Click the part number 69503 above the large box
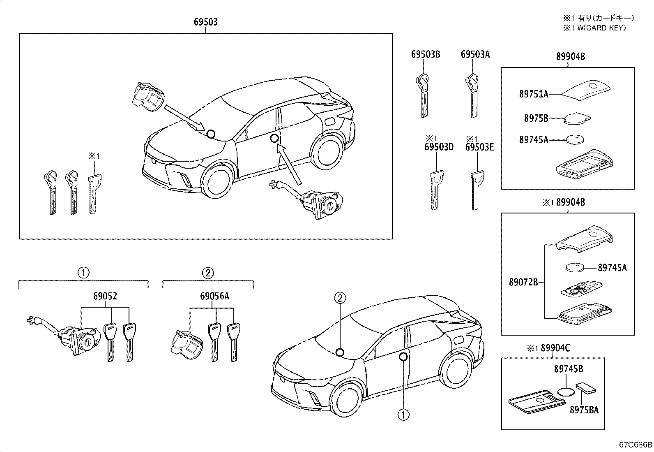206,22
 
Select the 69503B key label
426,54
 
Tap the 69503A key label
475,54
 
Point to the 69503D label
439,147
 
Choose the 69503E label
480,147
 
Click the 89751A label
534,94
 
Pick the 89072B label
523,282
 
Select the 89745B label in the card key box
569,369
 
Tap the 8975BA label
584,410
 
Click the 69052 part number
105,296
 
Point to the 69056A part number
214,296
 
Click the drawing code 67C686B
636,445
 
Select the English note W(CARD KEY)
601,28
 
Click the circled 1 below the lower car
403,415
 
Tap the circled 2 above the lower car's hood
340,298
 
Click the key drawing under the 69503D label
436,190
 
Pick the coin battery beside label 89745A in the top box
576,139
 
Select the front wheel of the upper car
217,179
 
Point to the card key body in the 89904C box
537,401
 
